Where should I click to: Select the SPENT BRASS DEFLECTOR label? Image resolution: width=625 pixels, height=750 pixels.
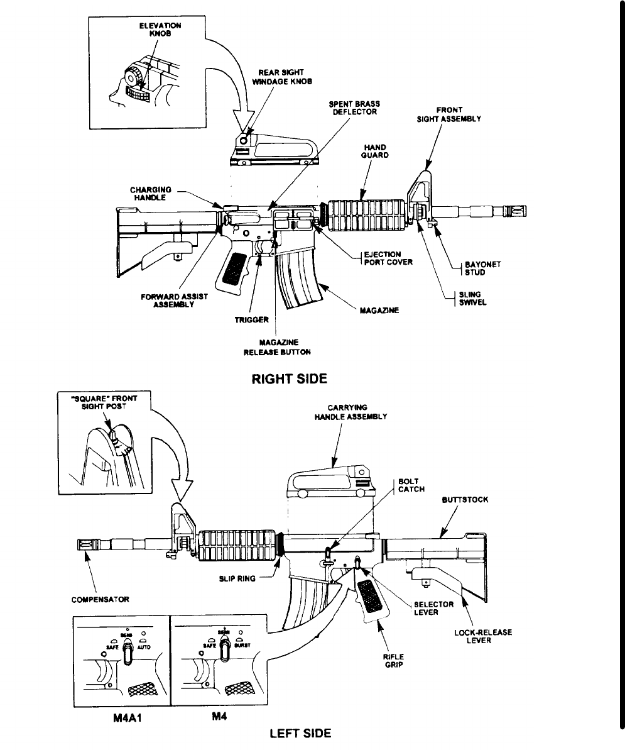[355, 108]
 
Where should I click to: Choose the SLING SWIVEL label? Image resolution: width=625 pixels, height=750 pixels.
[474, 298]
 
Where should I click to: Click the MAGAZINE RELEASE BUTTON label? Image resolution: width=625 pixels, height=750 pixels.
[277, 347]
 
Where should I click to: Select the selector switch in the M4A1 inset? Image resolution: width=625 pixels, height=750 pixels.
[126, 653]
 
